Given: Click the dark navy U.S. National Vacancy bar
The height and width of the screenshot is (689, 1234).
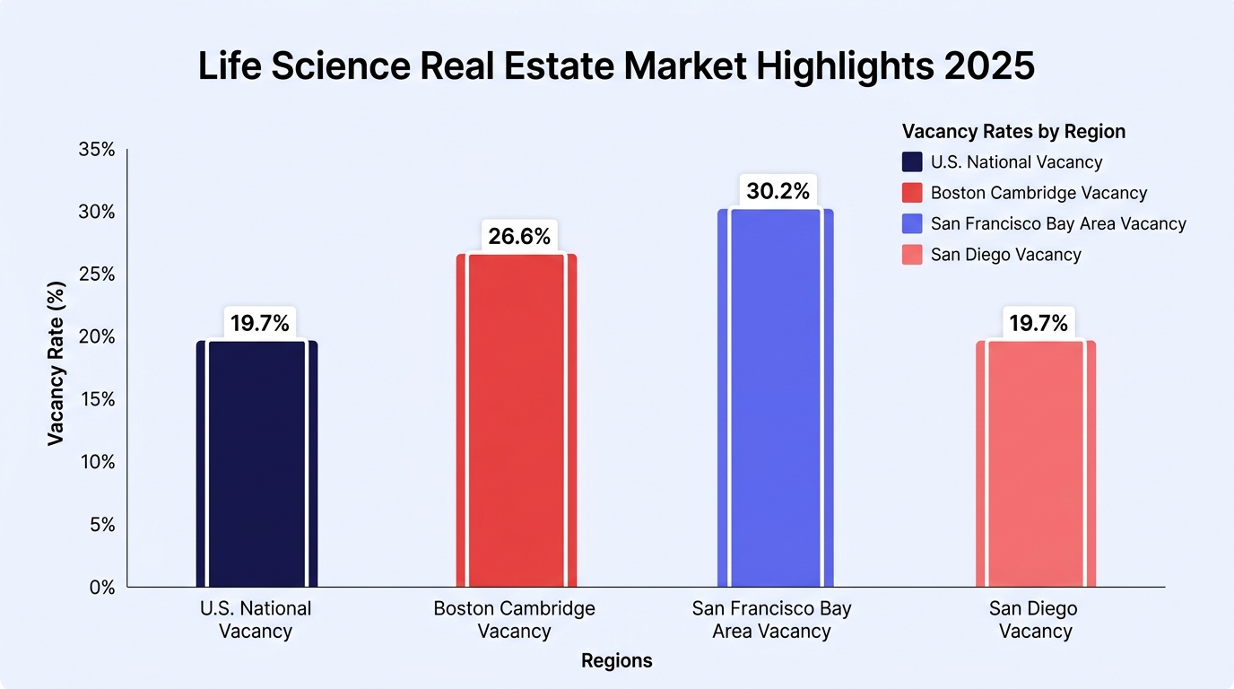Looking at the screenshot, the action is point(256,464).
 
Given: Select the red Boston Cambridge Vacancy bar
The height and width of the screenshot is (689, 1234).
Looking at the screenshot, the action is point(517,421).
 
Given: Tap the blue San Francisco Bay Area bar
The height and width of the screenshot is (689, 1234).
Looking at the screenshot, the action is point(775,398).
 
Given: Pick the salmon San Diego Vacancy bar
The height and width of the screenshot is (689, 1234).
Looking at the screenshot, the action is point(1036,464).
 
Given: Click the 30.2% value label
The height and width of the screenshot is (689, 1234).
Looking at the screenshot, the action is point(778,191).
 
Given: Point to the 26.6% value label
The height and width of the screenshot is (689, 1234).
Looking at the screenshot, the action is point(519,237).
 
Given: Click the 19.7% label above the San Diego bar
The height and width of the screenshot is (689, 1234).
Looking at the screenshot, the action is point(1038,323).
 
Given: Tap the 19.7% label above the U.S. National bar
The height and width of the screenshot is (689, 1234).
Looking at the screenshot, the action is point(259,323).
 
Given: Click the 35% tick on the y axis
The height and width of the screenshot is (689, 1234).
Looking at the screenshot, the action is point(97,150).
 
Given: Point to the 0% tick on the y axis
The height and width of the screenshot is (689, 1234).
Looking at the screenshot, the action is point(102,588).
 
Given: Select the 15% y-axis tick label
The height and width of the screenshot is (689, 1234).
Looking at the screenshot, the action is point(98,399).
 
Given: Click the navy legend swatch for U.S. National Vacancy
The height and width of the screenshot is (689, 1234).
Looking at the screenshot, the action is point(912,162).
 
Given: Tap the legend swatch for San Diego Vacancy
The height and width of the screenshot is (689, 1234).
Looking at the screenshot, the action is point(912,255).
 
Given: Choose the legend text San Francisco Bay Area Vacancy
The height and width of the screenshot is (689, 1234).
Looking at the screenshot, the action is point(1058,223).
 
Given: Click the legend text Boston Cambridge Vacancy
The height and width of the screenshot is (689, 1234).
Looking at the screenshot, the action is point(1039,193).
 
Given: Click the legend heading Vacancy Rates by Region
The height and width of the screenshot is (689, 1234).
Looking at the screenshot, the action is point(1013,132).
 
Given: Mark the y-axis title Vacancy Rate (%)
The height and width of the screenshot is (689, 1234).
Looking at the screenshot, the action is point(56,364).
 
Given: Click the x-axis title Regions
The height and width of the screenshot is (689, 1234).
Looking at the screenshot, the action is point(616,661).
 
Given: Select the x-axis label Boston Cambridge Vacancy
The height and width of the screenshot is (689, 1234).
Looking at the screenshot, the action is point(514,620).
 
